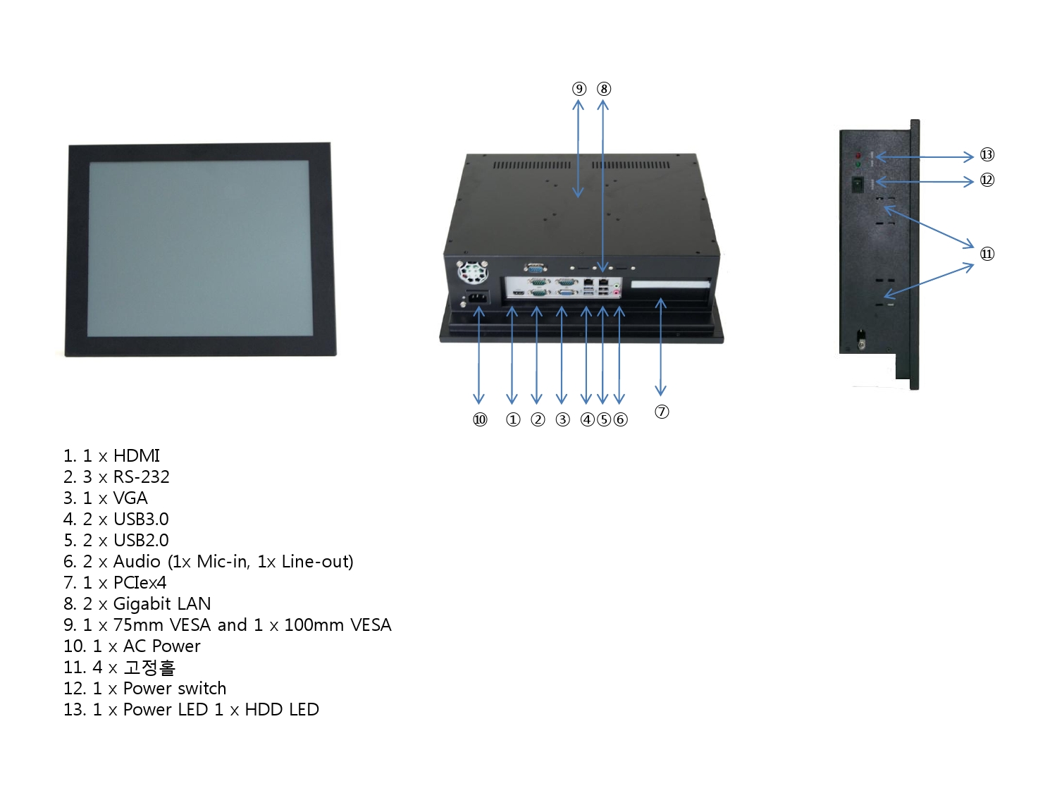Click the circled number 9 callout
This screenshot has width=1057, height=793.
click(x=579, y=89)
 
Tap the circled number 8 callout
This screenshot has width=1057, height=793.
click(x=604, y=89)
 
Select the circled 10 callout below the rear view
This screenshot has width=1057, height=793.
click(x=480, y=420)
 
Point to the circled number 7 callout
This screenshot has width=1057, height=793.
click(x=662, y=412)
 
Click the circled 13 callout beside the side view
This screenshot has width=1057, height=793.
click(x=987, y=154)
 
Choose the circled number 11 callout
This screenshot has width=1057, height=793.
click(x=987, y=254)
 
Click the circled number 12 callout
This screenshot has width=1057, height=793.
click(x=987, y=180)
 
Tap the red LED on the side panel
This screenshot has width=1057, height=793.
click(x=858, y=156)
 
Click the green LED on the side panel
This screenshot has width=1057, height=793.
click(x=858, y=165)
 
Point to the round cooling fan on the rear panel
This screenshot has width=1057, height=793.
click(x=472, y=273)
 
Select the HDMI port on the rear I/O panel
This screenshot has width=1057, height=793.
click(x=519, y=293)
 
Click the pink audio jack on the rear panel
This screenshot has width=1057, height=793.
click(x=617, y=293)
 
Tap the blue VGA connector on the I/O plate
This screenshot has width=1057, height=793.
click(x=567, y=293)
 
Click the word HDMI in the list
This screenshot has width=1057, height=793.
click(x=136, y=455)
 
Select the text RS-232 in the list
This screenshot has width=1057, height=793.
click(x=141, y=477)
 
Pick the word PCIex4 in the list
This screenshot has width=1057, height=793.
click(x=140, y=583)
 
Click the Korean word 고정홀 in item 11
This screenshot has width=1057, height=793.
click(x=149, y=668)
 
